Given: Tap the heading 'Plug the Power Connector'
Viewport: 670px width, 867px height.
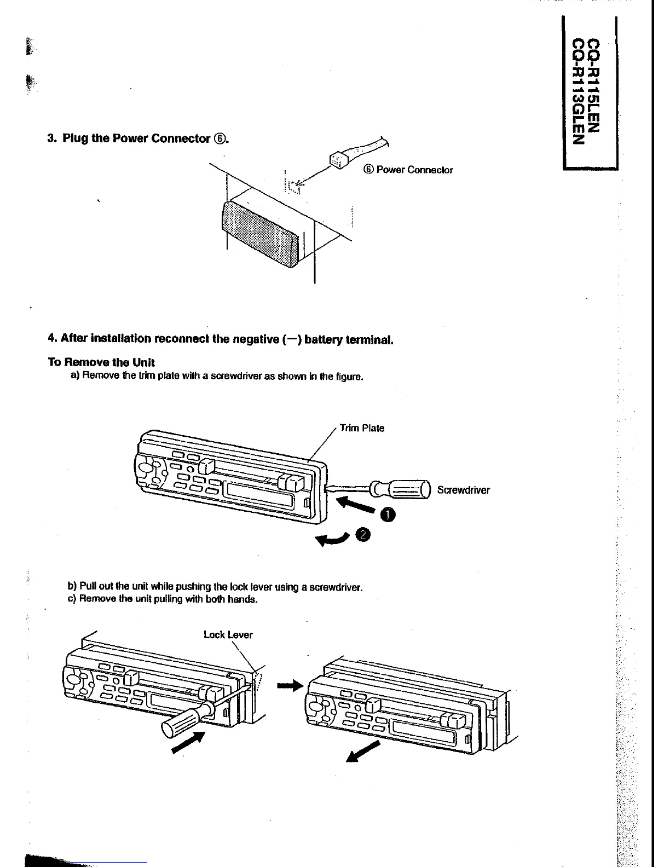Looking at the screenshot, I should click(137, 138).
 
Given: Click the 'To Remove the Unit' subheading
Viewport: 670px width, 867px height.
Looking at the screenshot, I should click(101, 362).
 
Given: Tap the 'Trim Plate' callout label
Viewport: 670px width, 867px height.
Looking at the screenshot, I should click(362, 428).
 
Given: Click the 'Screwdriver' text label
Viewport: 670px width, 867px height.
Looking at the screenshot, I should click(463, 490).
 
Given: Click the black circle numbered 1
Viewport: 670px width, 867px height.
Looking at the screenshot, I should click(388, 515).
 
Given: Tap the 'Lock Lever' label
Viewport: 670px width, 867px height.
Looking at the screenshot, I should click(228, 635).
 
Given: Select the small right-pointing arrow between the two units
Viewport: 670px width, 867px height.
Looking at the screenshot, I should click(290, 684).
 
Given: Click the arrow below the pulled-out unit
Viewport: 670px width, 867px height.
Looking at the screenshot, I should click(363, 751).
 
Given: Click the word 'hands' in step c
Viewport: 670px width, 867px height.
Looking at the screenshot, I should click(244, 599).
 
